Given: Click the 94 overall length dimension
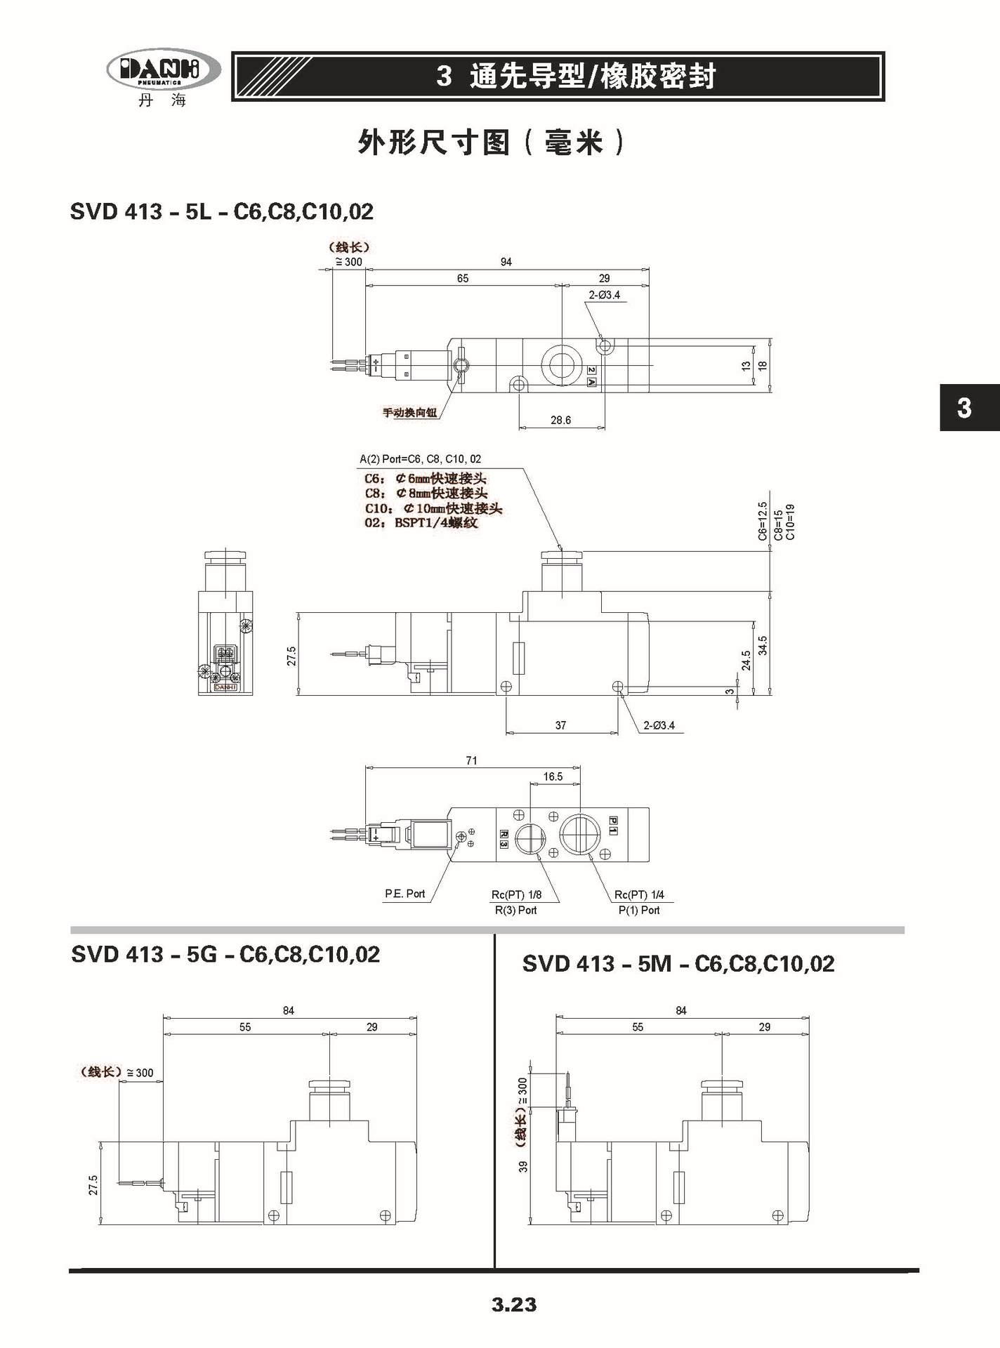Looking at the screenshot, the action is (x=506, y=262).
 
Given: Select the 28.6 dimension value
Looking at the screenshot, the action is (x=560, y=420).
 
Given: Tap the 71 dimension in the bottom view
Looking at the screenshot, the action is (x=471, y=760).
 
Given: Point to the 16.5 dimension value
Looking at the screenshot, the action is (x=553, y=777).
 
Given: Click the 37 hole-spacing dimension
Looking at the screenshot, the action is (x=560, y=725).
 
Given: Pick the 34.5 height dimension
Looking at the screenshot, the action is (x=763, y=645).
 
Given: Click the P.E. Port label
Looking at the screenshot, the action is (x=405, y=894).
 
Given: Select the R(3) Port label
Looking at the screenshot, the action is (x=516, y=910).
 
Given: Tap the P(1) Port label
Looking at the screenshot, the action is (x=639, y=910).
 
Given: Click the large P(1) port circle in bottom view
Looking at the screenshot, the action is (x=581, y=834).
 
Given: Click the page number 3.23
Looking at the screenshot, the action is (x=514, y=1304).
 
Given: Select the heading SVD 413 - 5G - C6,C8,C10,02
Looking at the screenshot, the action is (x=225, y=954).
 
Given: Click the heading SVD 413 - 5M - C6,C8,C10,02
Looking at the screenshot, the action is (x=678, y=963).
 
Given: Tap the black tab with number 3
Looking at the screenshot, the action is (x=970, y=407).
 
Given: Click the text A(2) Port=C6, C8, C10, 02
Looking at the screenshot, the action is (x=421, y=459).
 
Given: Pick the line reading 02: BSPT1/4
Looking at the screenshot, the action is (x=421, y=522).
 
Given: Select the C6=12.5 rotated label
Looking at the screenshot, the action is (x=763, y=521).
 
